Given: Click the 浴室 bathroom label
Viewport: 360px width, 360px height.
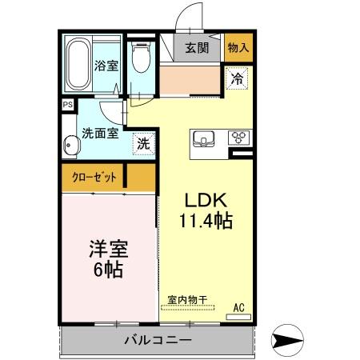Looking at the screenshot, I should [106, 66].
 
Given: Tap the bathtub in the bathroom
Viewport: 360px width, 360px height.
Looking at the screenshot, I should [77, 65].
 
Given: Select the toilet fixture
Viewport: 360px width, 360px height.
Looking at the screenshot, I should [141, 58].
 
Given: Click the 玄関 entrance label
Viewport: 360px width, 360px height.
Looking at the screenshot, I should [197, 47].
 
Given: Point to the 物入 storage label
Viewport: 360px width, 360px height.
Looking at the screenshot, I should [238, 47].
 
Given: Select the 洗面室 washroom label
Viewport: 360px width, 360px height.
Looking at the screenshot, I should [99, 134].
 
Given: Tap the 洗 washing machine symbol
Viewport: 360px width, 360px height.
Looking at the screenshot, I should [142, 146].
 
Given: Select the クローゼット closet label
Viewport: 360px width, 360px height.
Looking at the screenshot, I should [93, 177].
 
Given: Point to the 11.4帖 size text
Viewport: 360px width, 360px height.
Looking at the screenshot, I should [205, 222].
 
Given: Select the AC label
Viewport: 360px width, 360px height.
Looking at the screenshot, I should [238, 306].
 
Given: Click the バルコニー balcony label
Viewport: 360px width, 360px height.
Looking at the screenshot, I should [157, 339].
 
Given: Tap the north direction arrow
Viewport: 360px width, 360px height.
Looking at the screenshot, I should [289, 339].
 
